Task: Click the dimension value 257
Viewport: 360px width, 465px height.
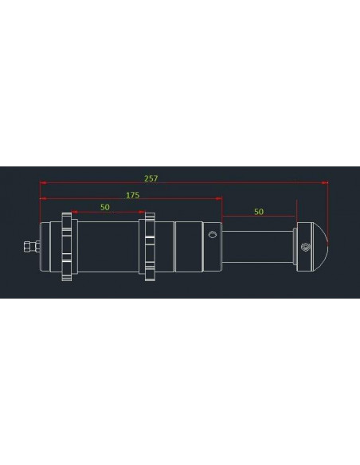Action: [151, 178]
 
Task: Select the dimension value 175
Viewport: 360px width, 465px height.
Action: [133, 195]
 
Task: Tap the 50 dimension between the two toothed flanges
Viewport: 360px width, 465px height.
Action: [105, 207]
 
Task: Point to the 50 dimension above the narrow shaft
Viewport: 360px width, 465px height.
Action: [259, 212]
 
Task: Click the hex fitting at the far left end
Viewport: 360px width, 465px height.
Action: [32, 247]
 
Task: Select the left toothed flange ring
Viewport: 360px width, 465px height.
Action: [67, 247]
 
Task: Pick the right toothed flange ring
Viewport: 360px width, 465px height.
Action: [150, 247]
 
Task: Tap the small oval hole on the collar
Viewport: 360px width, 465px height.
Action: [213, 235]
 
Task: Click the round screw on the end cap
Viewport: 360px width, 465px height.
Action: [304, 247]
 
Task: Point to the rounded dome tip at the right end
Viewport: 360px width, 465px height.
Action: [322, 247]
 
